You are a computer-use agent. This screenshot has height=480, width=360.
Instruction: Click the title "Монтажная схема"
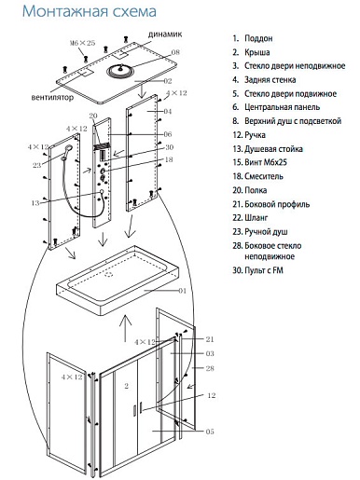(x=90, y=11)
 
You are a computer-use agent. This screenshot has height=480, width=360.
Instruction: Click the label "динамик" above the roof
(x=165, y=34)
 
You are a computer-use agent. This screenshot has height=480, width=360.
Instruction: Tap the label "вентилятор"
(x=52, y=97)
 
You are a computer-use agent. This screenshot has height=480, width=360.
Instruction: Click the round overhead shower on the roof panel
(x=121, y=71)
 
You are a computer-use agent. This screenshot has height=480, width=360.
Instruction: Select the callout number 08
(x=175, y=52)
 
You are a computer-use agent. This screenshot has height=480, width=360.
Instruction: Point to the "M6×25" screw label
(x=82, y=43)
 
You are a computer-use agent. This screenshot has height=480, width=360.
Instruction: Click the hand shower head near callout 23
(x=67, y=150)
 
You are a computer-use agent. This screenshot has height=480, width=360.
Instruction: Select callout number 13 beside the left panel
(x=35, y=203)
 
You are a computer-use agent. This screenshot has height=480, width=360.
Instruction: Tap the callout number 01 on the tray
(x=182, y=291)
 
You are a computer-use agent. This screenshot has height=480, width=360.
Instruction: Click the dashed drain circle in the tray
(x=109, y=274)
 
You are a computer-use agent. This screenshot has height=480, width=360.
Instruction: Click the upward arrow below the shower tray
(x=125, y=328)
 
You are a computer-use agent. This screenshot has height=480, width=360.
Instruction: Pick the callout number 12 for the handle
(x=212, y=395)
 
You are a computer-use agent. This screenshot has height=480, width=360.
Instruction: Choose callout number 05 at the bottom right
(x=210, y=432)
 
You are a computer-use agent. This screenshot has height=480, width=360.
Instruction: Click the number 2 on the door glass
(x=127, y=386)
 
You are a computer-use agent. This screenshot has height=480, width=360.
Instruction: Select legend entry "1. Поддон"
(x=253, y=38)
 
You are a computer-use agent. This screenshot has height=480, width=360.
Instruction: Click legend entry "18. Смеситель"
(x=257, y=176)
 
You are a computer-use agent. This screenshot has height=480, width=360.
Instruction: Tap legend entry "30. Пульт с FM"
(x=257, y=270)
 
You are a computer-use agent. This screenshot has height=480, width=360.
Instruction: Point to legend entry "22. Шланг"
(x=250, y=218)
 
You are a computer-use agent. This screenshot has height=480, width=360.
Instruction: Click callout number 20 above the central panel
(x=93, y=116)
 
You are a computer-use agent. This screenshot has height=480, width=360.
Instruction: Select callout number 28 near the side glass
(x=210, y=368)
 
